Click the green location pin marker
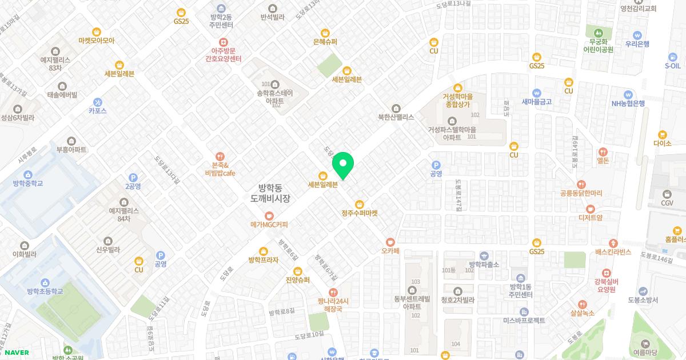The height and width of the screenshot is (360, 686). pos(343,165)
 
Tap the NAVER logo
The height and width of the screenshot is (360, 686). pos(17,353)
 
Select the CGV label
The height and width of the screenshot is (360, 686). pos(667,202)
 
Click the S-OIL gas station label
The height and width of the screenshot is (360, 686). pos(672,65)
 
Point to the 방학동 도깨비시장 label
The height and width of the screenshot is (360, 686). pos(270,193)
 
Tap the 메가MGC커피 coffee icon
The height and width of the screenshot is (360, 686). pos(269,215)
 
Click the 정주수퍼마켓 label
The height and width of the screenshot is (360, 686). pos(360,213)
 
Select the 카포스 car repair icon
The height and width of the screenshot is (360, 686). pos(98,102)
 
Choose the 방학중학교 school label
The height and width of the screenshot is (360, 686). pos(28,183)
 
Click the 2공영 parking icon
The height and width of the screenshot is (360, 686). pos(133,177)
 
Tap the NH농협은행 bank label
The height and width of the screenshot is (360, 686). pos(628,103)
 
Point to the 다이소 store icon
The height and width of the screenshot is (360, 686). pos(663,134)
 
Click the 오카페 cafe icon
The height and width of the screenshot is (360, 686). pos(390,242)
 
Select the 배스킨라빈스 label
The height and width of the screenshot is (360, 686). pos(613,252)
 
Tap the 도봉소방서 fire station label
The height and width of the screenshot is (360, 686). pos(643,300)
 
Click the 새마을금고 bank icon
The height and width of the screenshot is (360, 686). pos(536,93)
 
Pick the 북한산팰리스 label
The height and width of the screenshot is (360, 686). pos(396,117)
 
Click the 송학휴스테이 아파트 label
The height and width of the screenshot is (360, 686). pos(274,97)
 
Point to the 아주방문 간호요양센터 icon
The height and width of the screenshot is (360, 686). pos(223,41)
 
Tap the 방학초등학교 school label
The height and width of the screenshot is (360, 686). pos(45,291)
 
